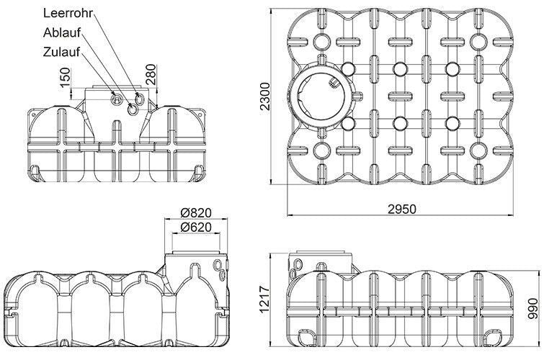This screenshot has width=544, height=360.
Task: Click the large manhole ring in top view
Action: coord(324,94)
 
